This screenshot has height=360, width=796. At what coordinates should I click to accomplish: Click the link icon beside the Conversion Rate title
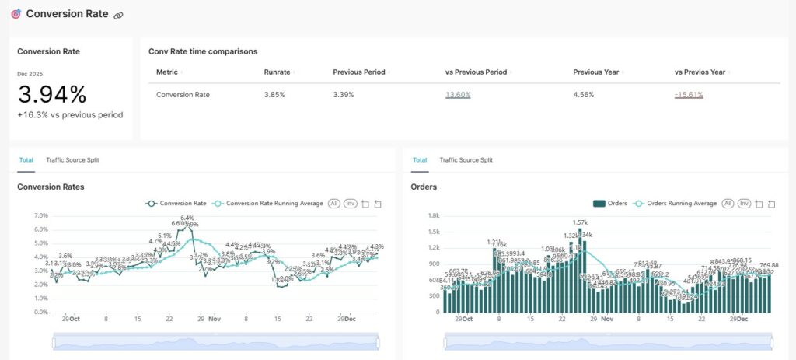point(118,16)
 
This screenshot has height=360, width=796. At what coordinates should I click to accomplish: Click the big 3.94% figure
point(52,95)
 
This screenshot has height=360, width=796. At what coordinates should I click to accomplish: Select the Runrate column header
point(277,72)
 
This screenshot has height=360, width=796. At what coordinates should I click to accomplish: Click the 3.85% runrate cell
point(274,95)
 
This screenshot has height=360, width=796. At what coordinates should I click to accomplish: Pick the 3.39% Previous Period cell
point(344,95)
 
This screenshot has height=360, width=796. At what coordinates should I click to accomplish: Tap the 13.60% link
point(458,95)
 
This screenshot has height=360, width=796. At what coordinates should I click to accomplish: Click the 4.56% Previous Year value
point(584,95)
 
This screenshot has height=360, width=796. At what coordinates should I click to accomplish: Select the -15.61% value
point(689,95)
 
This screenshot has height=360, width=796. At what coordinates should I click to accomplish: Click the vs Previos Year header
point(700,72)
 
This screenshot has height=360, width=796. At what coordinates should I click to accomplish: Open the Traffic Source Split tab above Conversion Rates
point(72,160)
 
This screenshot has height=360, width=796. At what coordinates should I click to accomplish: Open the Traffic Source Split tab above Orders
point(466,160)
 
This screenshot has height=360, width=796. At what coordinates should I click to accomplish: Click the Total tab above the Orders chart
point(420,160)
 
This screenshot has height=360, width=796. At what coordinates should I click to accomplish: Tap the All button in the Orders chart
point(728,204)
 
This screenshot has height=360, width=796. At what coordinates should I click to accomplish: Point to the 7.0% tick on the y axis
point(40,215)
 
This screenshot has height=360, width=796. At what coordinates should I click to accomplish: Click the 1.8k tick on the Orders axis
point(434,215)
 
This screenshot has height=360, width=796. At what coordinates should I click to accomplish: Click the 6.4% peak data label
point(187,218)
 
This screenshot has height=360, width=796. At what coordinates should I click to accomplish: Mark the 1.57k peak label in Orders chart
point(580,222)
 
